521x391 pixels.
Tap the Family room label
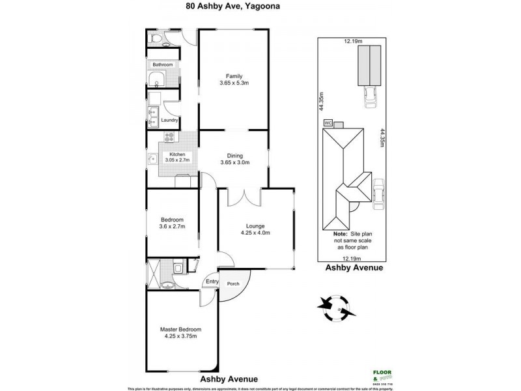click(x=234, y=76)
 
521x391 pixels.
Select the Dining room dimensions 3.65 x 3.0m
click(x=234, y=163)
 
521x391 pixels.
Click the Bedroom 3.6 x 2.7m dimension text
click(x=173, y=227)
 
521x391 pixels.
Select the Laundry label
click(x=169, y=120)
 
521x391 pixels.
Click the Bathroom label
click(x=162, y=65)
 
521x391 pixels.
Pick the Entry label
click(x=212, y=282)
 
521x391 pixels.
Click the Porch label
click(x=232, y=284)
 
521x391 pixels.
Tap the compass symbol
click(x=337, y=307)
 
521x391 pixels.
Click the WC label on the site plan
click(x=327, y=122)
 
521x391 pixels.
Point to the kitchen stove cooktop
click(x=169, y=138)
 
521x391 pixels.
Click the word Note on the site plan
click(x=340, y=233)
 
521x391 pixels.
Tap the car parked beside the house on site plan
click(x=378, y=195)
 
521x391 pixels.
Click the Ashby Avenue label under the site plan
click(x=354, y=267)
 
